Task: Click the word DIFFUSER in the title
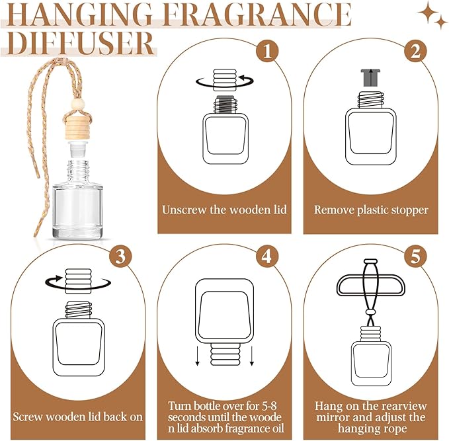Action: (x=79, y=44)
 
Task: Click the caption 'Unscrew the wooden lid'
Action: (x=225, y=210)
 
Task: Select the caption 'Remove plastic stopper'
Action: (x=371, y=210)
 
